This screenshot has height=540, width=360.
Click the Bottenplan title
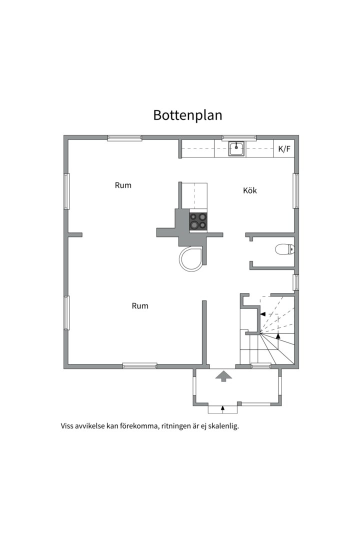click(x=187, y=115)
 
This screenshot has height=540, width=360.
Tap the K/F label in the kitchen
click(x=284, y=149)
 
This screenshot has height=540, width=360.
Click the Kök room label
click(x=250, y=190)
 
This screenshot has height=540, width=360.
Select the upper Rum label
click(x=123, y=185)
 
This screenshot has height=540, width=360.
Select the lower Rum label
click(x=140, y=306)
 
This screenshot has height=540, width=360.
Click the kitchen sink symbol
click(x=236, y=149)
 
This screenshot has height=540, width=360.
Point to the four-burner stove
click(x=198, y=221)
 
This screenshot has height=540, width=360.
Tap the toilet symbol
click(x=285, y=249)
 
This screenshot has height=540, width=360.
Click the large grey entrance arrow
click(x=223, y=376)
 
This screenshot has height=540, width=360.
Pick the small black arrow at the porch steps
click(x=222, y=409)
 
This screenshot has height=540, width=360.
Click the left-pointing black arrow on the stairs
click(x=262, y=314)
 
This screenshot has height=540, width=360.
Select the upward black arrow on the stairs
click(x=278, y=336)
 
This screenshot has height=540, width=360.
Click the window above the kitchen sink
click(x=239, y=138)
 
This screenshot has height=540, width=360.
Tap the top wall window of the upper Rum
click(x=124, y=138)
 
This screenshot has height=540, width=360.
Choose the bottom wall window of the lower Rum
click(x=140, y=365)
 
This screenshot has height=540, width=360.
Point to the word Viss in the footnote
click(x=67, y=426)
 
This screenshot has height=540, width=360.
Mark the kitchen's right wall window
click(x=296, y=191)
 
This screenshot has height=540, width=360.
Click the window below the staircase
click(x=261, y=365)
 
